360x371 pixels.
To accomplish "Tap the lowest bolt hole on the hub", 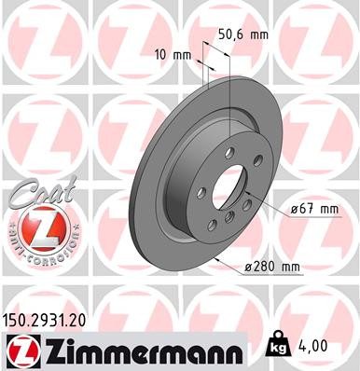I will (228, 219).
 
